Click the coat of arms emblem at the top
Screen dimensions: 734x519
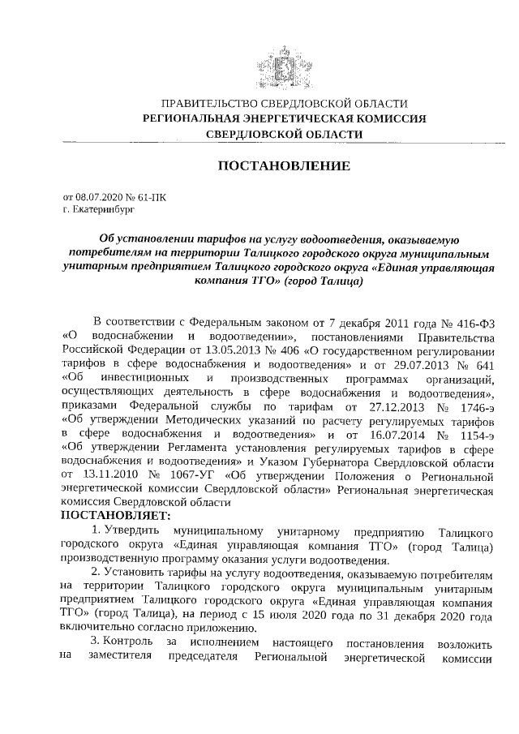pos(284,63)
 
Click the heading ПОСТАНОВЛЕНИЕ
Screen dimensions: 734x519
pos(284,166)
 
